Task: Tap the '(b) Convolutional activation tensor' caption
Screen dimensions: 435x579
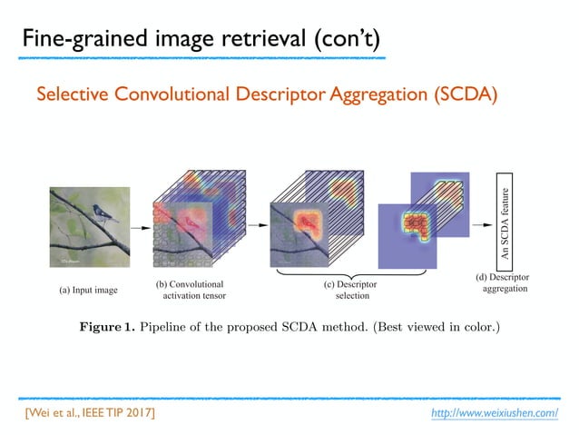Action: point(191,289)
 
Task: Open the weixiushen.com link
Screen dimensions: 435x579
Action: point(495,413)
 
